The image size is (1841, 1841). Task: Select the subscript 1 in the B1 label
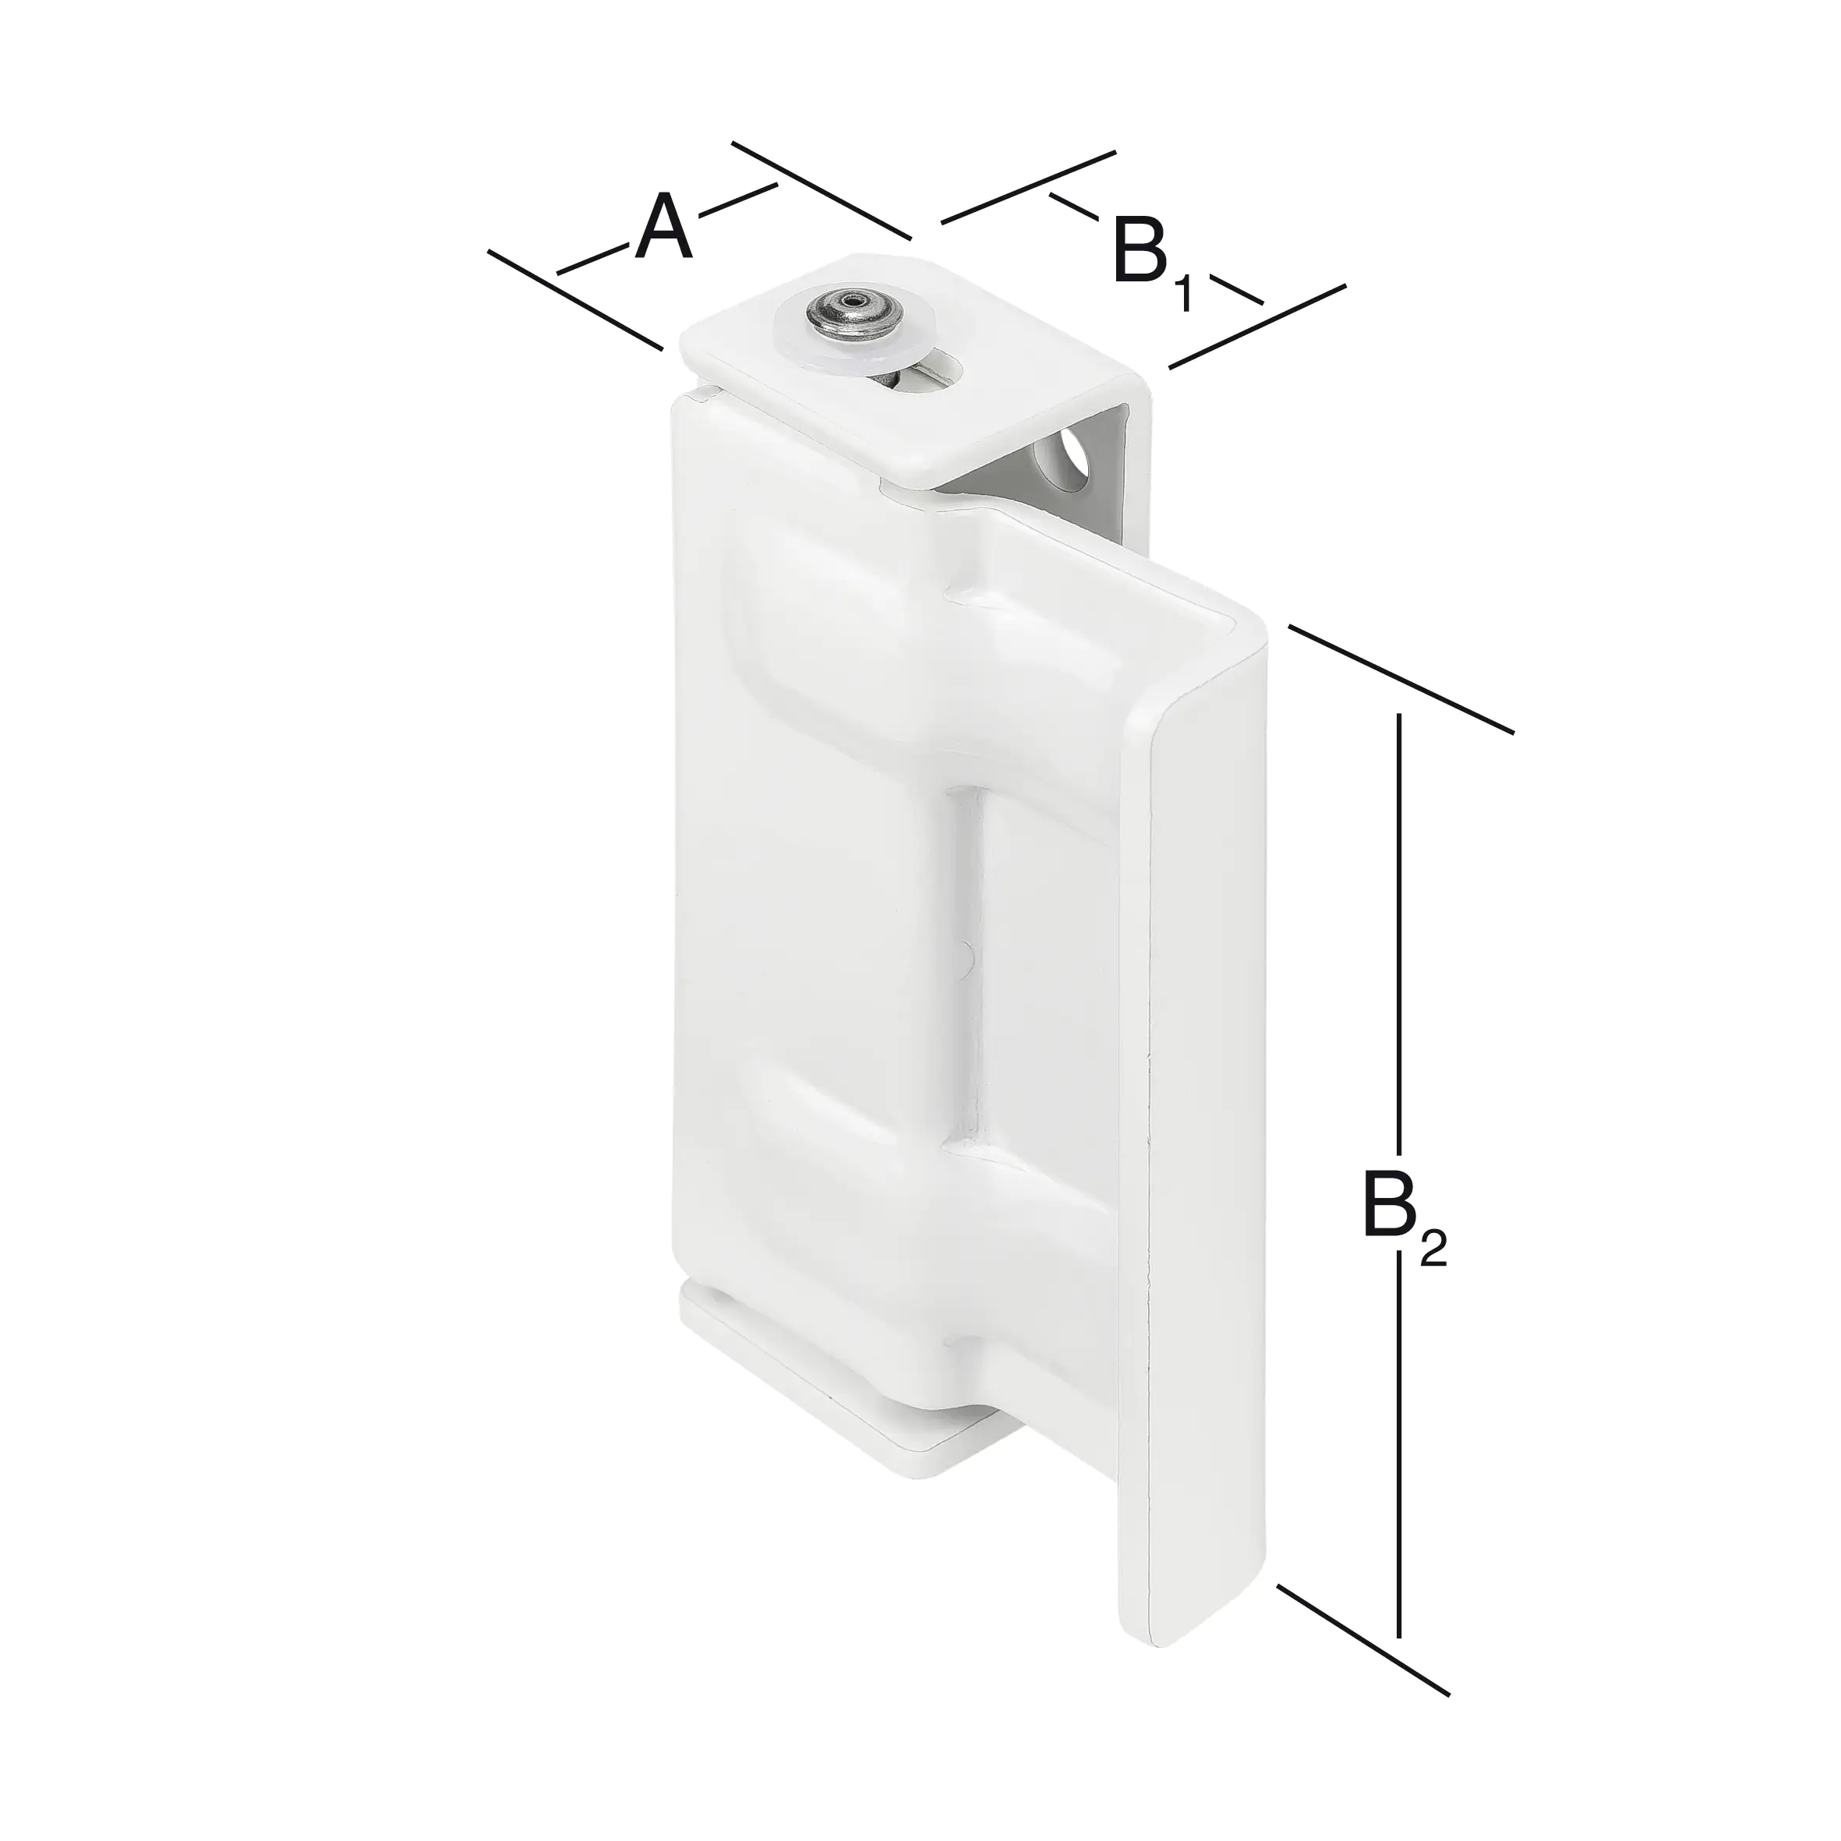1182,294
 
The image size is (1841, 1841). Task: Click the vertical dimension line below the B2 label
1399,1429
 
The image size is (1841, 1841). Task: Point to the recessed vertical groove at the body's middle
967,963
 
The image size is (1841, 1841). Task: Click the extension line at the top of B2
1401,678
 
